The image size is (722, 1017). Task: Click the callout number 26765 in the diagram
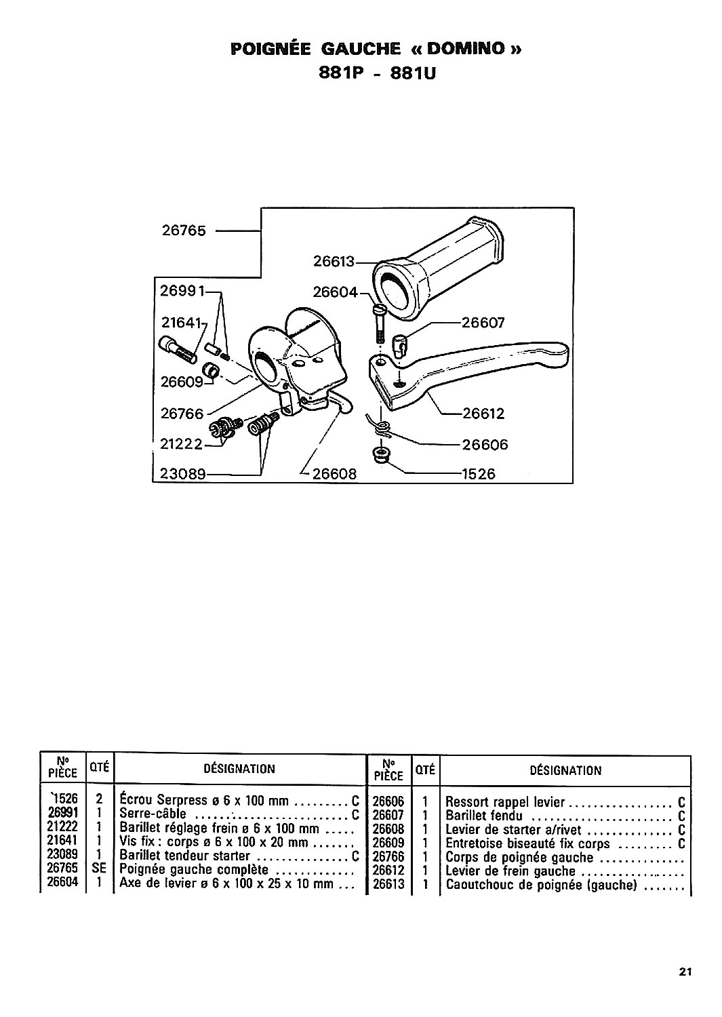pos(184,231)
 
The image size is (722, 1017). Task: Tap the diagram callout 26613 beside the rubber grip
pos(334,260)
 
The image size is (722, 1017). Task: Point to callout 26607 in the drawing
pos(483,323)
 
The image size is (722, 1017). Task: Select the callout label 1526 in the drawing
pos(478,475)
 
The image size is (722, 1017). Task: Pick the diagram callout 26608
pos(334,474)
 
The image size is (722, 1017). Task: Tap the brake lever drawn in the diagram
pos(475,370)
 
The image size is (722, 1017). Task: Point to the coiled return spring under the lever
pos(381,425)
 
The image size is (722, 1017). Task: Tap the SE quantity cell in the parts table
pos(99,869)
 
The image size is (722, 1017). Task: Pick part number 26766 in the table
pos(388,857)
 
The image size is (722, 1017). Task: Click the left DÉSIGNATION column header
pos(239,769)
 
